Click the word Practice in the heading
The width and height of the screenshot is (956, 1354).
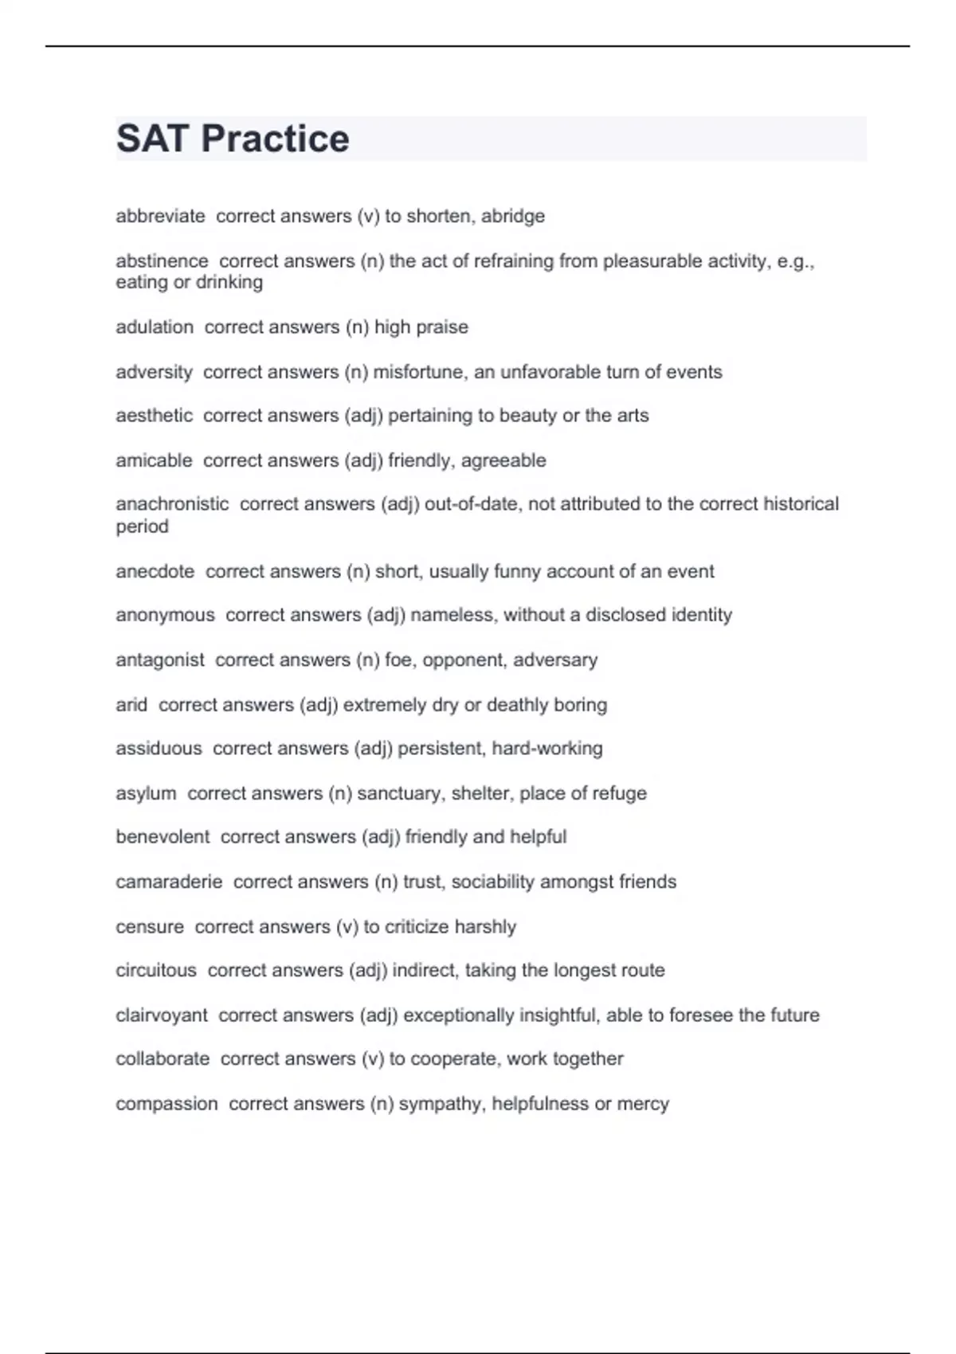pos(275,139)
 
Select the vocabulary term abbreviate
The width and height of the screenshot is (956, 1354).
pos(160,217)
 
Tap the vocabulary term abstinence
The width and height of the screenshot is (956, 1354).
pos(162,261)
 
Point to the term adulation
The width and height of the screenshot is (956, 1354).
pos(155,327)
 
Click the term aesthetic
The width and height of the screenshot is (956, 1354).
pos(154,416)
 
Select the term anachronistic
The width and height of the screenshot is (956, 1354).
pos(172,504)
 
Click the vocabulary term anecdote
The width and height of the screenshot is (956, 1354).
pos(155,571)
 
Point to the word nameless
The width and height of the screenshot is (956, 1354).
pos(452,615)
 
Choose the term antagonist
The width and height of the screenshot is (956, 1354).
pos(160,660)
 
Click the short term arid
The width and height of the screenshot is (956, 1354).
pos(131,705)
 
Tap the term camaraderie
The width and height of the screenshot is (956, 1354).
pos(169,882)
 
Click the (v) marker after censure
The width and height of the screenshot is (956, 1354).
pos(347,927)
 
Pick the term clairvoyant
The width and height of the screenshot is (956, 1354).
pos(162,1015)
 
